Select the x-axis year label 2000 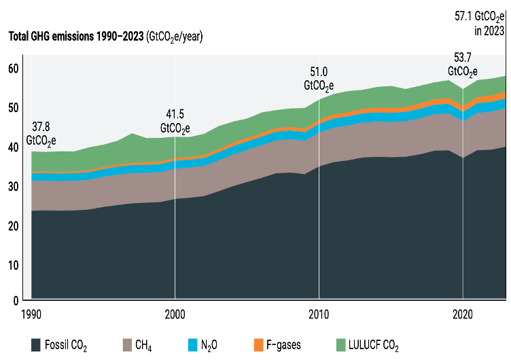coord(175,314)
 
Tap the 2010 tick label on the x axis coord(319,314)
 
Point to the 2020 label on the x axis coord(462,314)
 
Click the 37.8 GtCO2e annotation coord(41,133)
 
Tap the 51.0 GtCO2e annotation coord(318,79)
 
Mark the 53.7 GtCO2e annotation coord(462,65)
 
